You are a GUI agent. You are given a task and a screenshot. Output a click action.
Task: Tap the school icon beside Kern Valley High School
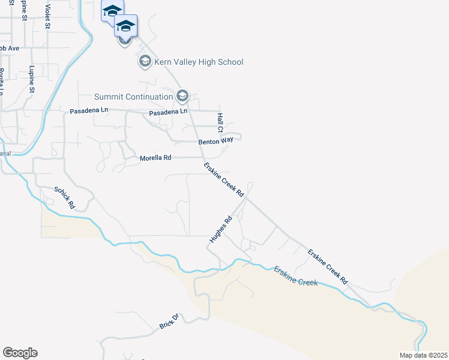[x=145, y=61]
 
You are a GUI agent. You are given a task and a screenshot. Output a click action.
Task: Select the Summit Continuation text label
[x=133, y=97]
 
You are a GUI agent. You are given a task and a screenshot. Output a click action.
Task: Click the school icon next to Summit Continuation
[x=182, y=96]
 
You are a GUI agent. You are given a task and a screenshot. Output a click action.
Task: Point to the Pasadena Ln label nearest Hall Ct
[x=168, y=112]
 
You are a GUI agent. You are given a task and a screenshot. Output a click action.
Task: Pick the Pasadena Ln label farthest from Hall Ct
[x=89, y=111]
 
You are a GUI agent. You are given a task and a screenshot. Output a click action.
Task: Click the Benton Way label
[x=215, y=142]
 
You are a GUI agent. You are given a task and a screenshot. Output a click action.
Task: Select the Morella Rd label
[x=155, y=158]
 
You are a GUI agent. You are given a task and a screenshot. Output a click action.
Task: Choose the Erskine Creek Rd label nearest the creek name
[x=328, y=266]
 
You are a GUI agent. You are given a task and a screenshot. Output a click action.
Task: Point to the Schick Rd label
[x=64, y=197]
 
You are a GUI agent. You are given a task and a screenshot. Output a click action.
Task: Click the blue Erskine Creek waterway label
[x=295, y=276]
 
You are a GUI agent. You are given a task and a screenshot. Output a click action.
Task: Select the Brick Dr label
[x=169, y=321]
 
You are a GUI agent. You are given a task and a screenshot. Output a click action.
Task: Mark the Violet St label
[x=48, y=16]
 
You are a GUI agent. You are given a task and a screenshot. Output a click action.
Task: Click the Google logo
[x=20, y=353]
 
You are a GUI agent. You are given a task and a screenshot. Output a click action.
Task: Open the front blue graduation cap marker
[x=125, y=26]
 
